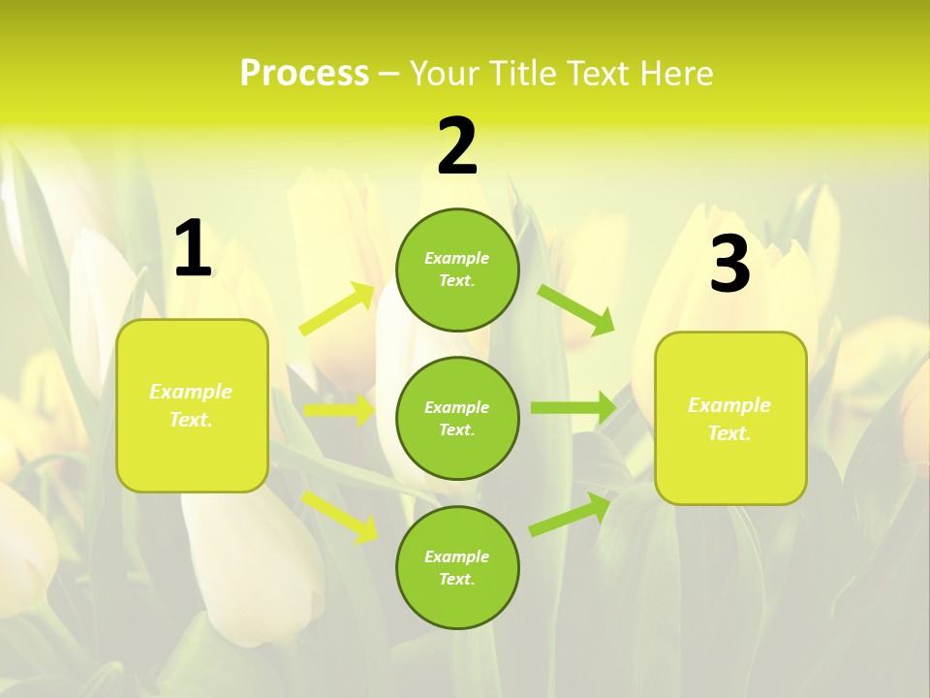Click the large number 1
193,248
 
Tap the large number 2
457,147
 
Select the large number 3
729,265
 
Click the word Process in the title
304,73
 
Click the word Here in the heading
676,73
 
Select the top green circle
457,270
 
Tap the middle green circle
457,418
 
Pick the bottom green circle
457,567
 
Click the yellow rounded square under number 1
192,405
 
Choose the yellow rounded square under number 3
729,419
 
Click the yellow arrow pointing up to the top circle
338,309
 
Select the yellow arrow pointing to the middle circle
339,410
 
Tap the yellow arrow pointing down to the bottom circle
340,516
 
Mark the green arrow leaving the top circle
576,309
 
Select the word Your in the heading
444,73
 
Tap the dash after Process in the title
389,74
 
